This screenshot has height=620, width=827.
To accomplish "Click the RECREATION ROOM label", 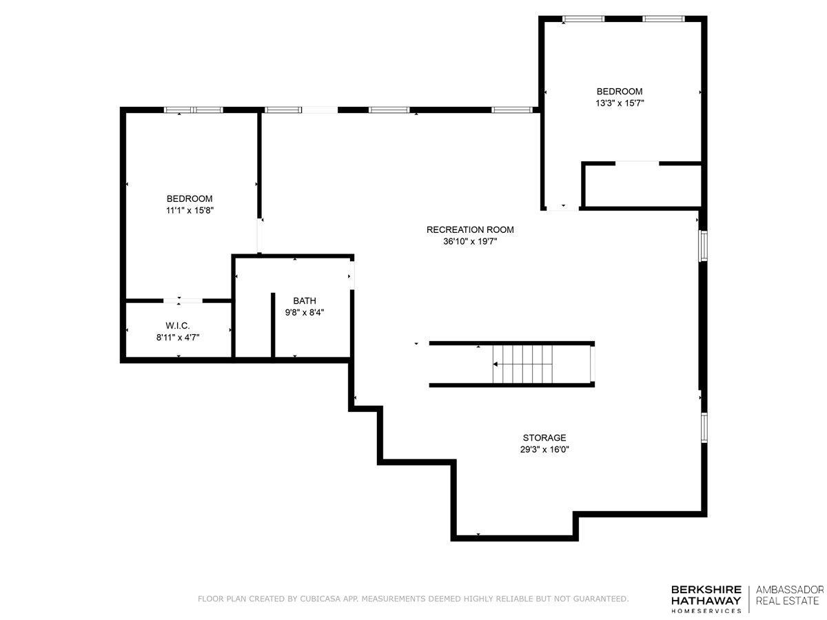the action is [470, 229].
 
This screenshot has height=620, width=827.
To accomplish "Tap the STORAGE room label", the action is [544, 437].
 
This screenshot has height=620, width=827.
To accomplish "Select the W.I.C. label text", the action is [177, 325].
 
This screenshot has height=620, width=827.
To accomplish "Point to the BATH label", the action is [305, 300].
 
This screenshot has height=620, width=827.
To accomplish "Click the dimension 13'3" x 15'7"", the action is [620, 103].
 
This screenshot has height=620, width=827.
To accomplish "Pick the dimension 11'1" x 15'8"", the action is [190, 210].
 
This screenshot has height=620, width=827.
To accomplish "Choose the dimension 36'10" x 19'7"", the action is [470, 241].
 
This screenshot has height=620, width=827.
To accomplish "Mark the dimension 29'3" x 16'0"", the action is [544, 449].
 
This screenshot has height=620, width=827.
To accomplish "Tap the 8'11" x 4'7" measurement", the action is [177, 337].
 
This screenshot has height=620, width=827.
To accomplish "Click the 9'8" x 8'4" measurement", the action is [305, 312].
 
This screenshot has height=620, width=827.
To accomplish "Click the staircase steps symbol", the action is [522, 364].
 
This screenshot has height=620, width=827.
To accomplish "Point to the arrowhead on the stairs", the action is [495, 364].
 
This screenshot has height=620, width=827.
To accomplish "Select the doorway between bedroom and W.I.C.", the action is [183, 300].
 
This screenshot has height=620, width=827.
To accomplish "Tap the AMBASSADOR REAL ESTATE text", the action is [789, 595].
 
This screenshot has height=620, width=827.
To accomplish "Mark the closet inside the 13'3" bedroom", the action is [642, 185].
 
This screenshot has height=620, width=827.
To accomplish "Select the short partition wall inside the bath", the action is [273, 324].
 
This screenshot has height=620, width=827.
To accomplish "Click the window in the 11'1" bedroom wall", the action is [193, 110].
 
